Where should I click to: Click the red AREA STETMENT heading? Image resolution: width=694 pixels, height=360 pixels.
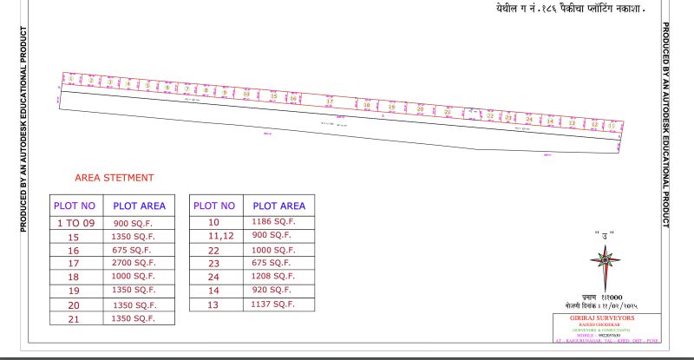coord(115,177)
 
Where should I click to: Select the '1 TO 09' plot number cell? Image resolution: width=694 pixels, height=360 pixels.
coord(75,223)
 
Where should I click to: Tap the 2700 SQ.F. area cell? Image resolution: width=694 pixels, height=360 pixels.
coord(134,262)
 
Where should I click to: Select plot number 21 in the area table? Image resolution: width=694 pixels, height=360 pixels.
coord(73,318)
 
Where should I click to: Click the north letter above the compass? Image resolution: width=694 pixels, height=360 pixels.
coord(599,233)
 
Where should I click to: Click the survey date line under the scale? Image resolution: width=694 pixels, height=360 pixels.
coord(598,305)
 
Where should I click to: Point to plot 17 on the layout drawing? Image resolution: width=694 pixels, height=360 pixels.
coord(330,101)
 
